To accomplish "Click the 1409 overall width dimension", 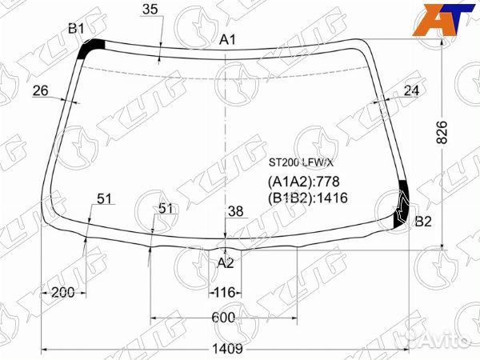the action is pos(227,348).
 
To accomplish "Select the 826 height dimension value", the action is pos(442,132).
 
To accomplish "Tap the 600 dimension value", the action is pos(223,318).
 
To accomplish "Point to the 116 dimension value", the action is pos(225,292).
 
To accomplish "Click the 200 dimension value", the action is pos(63,292).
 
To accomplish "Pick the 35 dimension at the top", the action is pos(150,9).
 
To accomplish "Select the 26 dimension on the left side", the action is pos(41,90).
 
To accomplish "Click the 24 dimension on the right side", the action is pos(411,90).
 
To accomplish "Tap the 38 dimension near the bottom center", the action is pos(236,211).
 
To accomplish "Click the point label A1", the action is pos(227,40).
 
